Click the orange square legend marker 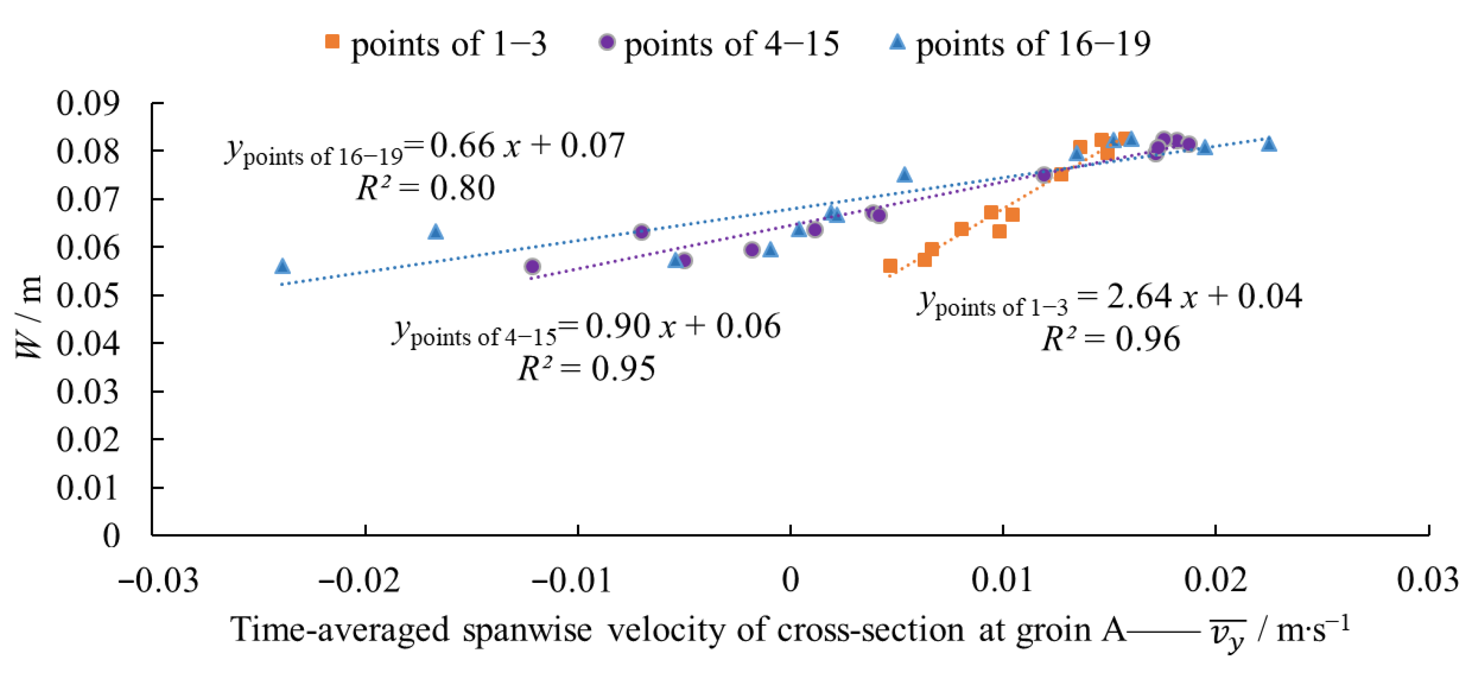(x=332, y=41)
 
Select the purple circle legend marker (x=607, y=42)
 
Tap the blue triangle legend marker (x=897, y=41)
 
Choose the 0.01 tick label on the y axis (x=88, y=487)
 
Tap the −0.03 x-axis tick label (x=158, y=580)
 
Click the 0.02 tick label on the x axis (x=1215, y=580)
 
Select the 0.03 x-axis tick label (x=1428, y=580)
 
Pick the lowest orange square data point (x=890, y=266)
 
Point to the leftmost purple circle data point (x=532, y=266)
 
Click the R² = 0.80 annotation (x=425, y=188)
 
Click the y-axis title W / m (x=29, y=317)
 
